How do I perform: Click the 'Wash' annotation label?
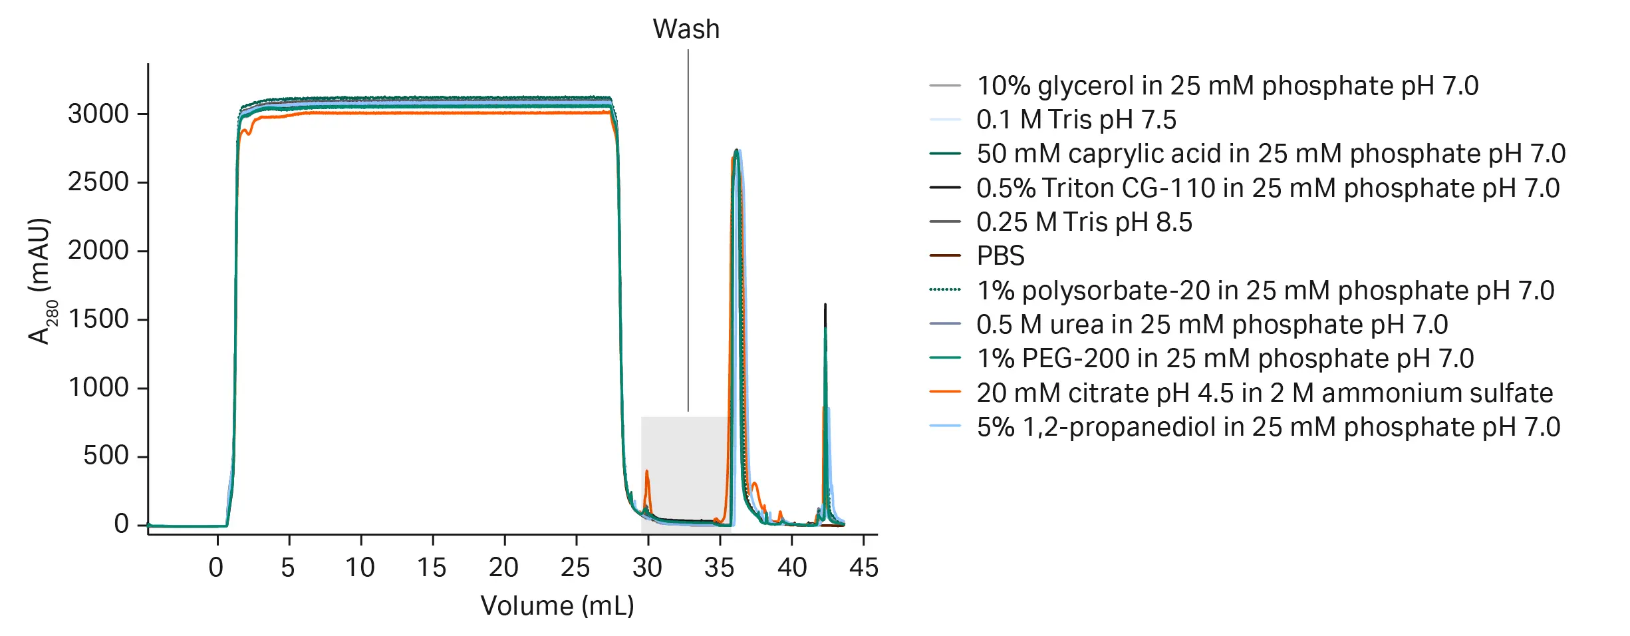pos(686,29)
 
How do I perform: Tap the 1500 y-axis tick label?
pos(98,319)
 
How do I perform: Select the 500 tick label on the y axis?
pos(106,456)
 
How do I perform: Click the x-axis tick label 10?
pos(360,567)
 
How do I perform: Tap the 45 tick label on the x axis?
pos(863,567)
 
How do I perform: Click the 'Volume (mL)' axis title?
pos(557,606)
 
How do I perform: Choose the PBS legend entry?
pos(1000,256)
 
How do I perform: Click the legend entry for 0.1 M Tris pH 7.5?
pos(1076,120)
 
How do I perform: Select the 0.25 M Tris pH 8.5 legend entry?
pos(1084,222)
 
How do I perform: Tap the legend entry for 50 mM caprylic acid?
pos(1270,154)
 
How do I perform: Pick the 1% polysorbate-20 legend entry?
pos(1265,291)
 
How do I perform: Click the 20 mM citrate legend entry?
pos(1264,393)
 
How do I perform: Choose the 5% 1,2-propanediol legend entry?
pos(1268,427)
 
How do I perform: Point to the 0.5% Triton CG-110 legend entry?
pos(1268,188)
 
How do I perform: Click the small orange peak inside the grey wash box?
pos(646,472)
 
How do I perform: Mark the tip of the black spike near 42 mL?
pos(825,305)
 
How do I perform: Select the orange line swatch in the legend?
pos(945,393)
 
